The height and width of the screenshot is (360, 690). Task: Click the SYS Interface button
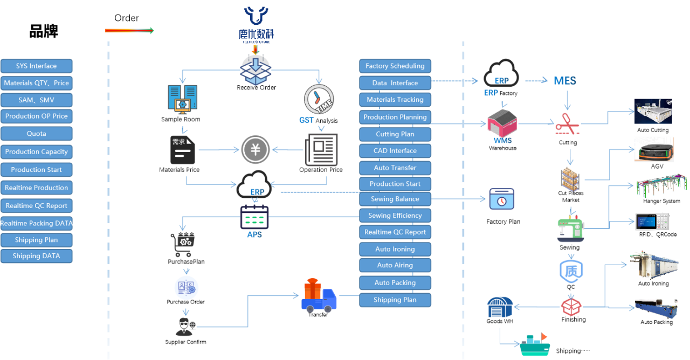36,66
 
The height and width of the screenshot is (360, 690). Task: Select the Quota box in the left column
36,134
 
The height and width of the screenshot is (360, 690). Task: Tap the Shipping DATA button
36,256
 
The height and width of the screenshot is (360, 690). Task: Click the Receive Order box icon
256,68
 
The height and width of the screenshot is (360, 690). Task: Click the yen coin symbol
255,149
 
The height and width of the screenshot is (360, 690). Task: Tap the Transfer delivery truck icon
319,295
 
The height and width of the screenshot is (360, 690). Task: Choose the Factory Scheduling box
395,66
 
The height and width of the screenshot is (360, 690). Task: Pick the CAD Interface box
395,151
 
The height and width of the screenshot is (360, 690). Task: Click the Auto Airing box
395,265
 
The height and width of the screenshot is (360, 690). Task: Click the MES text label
565,81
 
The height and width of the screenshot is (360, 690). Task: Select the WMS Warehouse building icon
502,123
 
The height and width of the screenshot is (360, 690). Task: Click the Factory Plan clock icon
501,199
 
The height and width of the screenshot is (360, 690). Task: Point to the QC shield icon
570,271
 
